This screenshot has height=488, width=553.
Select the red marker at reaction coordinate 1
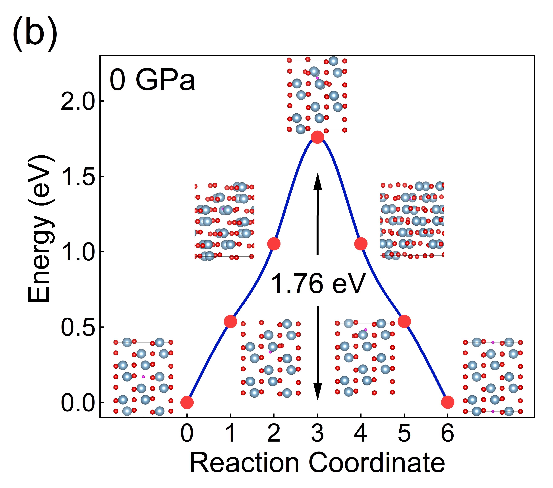pos(230,322)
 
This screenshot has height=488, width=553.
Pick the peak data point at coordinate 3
pos(317,137)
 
